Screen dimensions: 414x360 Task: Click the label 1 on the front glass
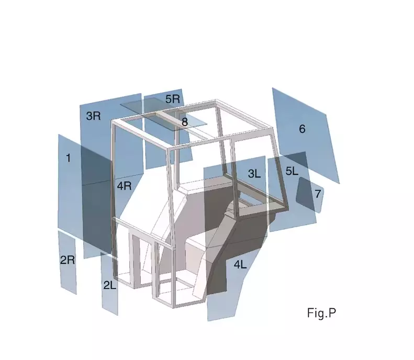click(x=69, y=158)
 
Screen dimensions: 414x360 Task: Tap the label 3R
click(x=94, y=116)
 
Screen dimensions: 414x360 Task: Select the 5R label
click(x=173, y=99)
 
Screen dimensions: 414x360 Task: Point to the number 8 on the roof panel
click(x=185, y=122)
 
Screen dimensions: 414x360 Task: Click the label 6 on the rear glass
click(x=303, y=129)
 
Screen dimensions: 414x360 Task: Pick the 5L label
click(x=292, y=171)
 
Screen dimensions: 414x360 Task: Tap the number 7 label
click(x=318, y=194)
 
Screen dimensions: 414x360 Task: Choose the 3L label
click(x=254, y=173)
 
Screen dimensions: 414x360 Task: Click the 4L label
click(x=240, y=264)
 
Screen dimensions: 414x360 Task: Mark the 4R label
click(x=125, y=186)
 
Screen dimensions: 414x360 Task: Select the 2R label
click(x=68, y=260)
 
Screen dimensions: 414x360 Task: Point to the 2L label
click(x=110, y=285)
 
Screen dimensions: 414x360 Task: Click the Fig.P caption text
click(x=321, y=313)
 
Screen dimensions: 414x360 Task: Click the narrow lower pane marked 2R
click(x=68, y=263)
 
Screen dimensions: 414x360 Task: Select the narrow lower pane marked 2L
click(x=109, y=284)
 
